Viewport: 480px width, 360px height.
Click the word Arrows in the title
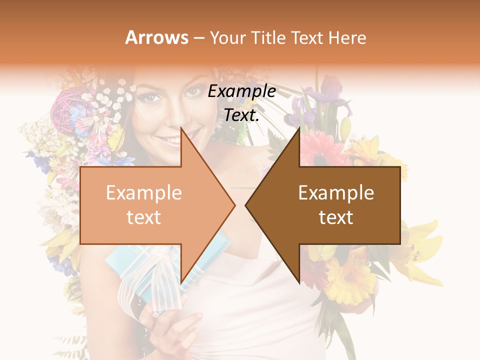157,37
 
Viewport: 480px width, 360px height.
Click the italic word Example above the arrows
241,91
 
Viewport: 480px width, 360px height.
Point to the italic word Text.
241,115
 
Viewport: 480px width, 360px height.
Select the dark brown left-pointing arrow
330,205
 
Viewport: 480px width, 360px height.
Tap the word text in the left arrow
143,217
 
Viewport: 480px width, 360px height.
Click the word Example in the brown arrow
336,193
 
